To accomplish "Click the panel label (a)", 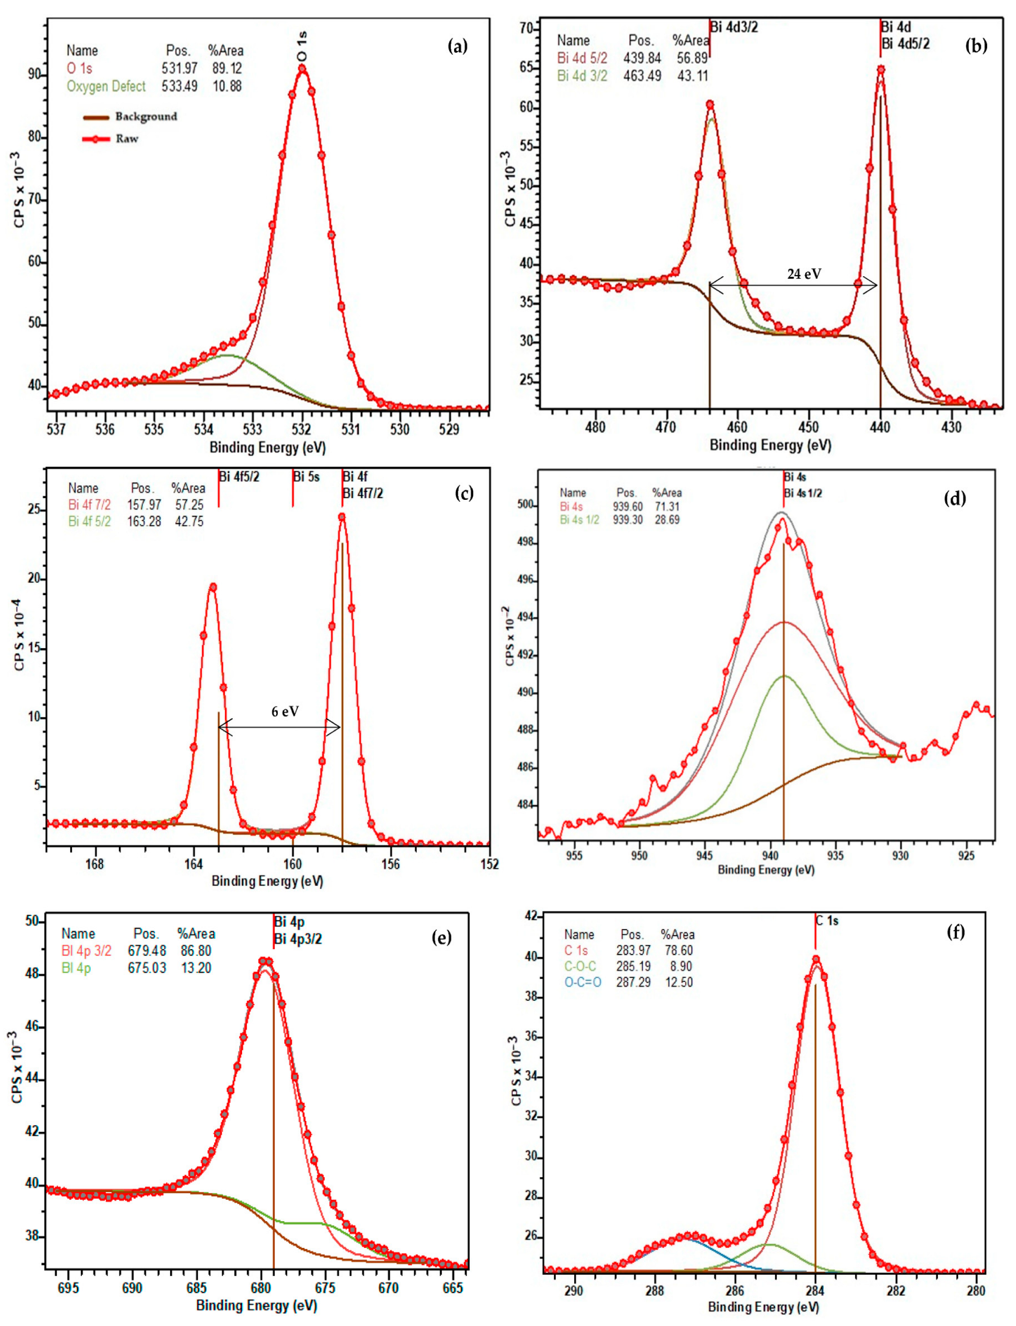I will (x=457, y=46).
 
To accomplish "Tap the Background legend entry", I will (x=146, y=117).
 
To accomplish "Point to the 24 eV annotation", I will (x=804, y=274).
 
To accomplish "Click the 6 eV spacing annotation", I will (x=284, y=712).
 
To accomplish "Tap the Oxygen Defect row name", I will (x=106, y=86).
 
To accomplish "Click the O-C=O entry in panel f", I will (x=582, y=982).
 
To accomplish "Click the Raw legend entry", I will (x=127, y=139).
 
